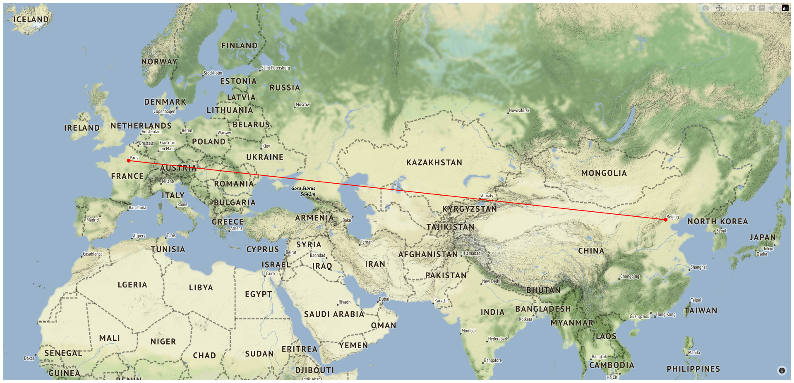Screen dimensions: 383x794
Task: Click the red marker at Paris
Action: coord(129,160)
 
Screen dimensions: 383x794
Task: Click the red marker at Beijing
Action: coord(665,220)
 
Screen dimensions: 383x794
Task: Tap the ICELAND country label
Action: coord(31,19)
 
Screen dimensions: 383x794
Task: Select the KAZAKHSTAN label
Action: coord(434,163)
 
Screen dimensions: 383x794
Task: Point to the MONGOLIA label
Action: coord(604,173)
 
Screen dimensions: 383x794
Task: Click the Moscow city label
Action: coord(302,105)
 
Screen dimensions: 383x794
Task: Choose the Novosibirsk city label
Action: coord(519,110)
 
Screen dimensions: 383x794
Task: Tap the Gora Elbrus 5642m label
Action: coord(303,191)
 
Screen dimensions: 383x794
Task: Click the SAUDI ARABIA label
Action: coord(334,314)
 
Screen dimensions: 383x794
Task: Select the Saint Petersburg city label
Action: coord(275,68)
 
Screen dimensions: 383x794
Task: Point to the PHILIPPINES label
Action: coord(693,369)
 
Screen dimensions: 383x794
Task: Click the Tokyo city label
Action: coord(768,249)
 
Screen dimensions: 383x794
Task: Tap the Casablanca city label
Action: coord(92,254)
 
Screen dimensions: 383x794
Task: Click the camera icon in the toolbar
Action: coord(706,8)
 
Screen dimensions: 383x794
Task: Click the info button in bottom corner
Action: coord(782,371)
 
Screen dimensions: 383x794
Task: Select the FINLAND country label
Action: coord(239,46)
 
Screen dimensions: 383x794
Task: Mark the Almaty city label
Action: coord(487,196)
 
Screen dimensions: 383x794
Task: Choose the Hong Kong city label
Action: coord(665,314)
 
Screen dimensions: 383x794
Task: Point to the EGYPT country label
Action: coord(258,294)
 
